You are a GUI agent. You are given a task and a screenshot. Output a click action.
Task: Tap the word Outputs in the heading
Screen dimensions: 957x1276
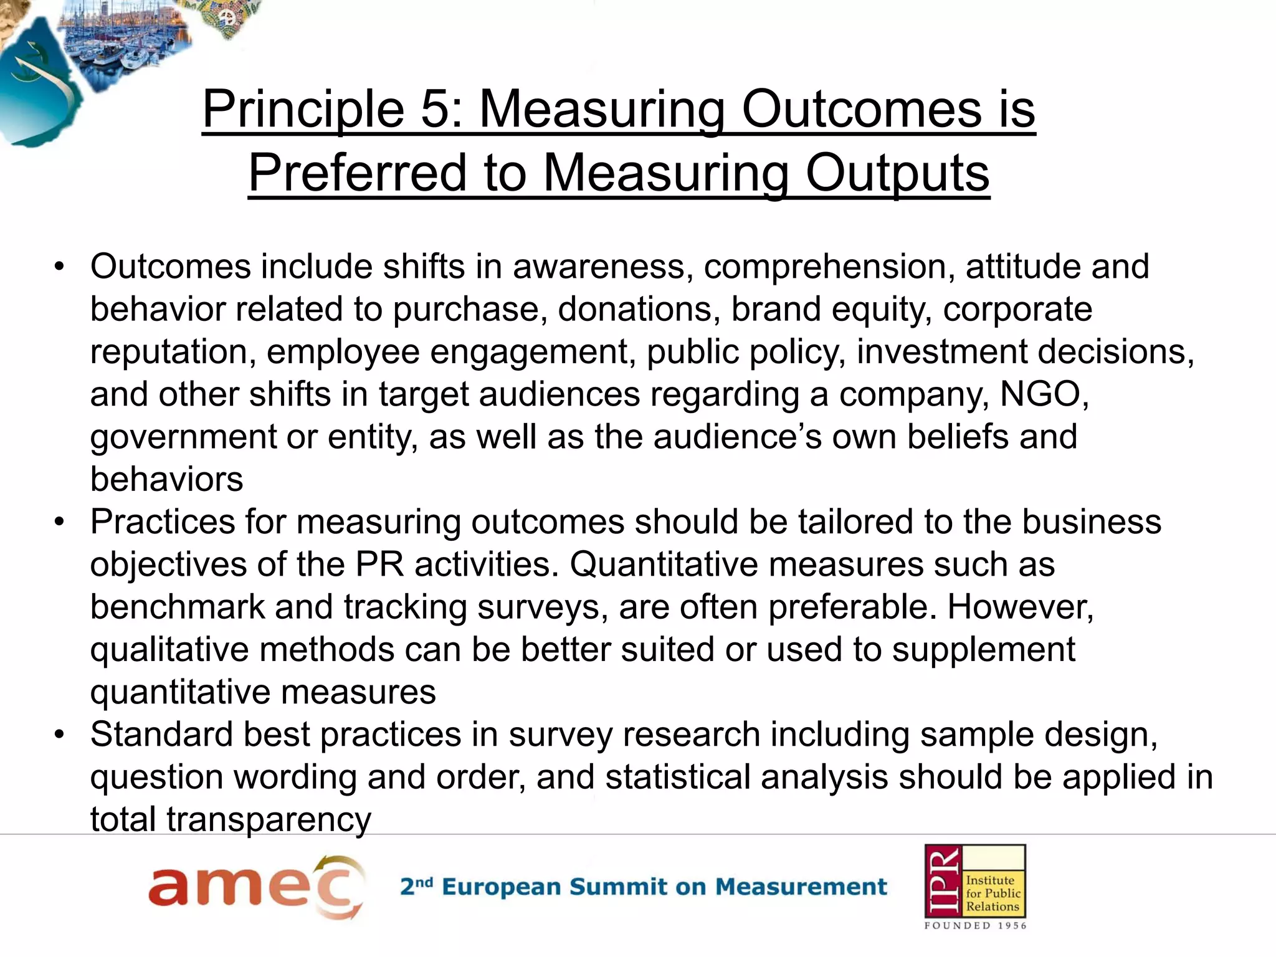click(897, 173)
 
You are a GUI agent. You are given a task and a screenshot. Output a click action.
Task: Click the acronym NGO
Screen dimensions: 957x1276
click(1044, 394)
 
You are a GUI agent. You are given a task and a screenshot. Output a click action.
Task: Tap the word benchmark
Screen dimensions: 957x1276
click(177, 607)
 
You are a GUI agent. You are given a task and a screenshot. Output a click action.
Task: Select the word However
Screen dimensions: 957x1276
click(1020, 607)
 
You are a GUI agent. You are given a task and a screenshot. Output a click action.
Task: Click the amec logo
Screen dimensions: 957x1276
click(256, 887)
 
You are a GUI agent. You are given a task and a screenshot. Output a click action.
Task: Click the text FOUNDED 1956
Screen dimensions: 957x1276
click(975, 926)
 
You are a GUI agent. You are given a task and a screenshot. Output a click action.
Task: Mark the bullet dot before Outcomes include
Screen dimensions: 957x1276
click(59, 267)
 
